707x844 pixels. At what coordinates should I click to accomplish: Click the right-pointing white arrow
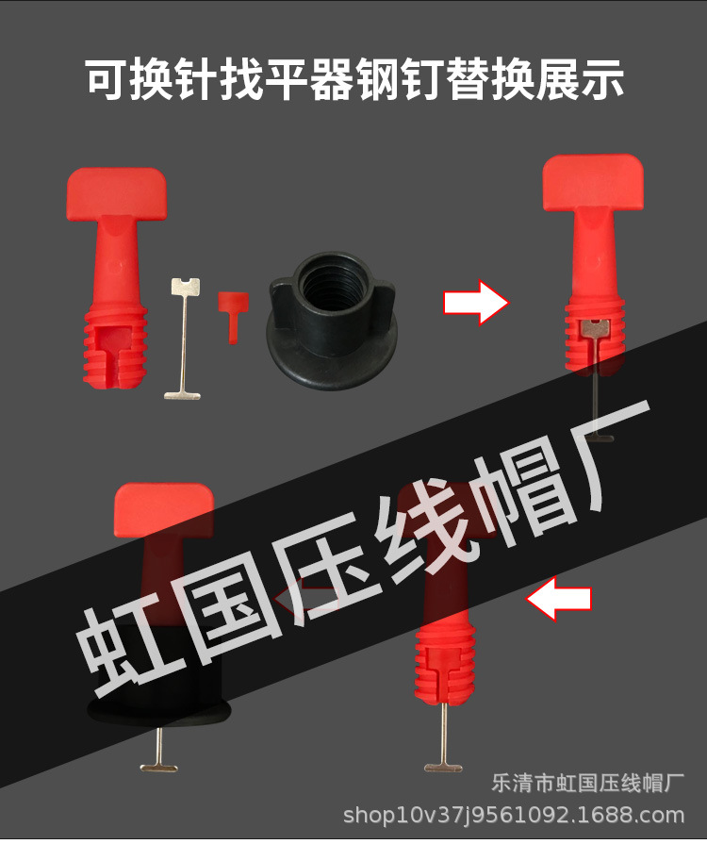pyautogui.click(x=475, y=302)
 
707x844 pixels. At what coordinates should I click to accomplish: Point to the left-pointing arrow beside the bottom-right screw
pyautogui.click(x=559, y=600)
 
